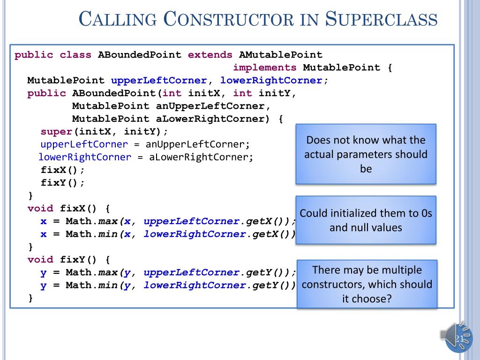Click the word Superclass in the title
pyautogui.click(x=381, y=20)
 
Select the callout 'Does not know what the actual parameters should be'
pyautogui.click(x=366, y=154)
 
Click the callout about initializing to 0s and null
pyautogui.click(x=366, y=220)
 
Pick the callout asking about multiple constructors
pyautogui.click(x=367, y=284)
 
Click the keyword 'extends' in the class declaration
pyautogui.click(x=210, y=55)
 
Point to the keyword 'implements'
pyautogui.click(x=264, y=67)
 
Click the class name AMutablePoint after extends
pyautogui.click(x=280, y=55)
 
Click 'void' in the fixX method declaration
pyautogui.click(x=40, y=208)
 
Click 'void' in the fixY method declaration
pyautogui.click(x=40, y=259)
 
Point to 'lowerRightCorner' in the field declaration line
pyautogui.click(x=271, y=80)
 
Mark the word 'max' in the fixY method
pyautogui.click(x=107, y=272)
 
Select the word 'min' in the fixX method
pyautogui.click(x=107, y=234)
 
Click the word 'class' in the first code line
pyautogui.click(x=75, y=55)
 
